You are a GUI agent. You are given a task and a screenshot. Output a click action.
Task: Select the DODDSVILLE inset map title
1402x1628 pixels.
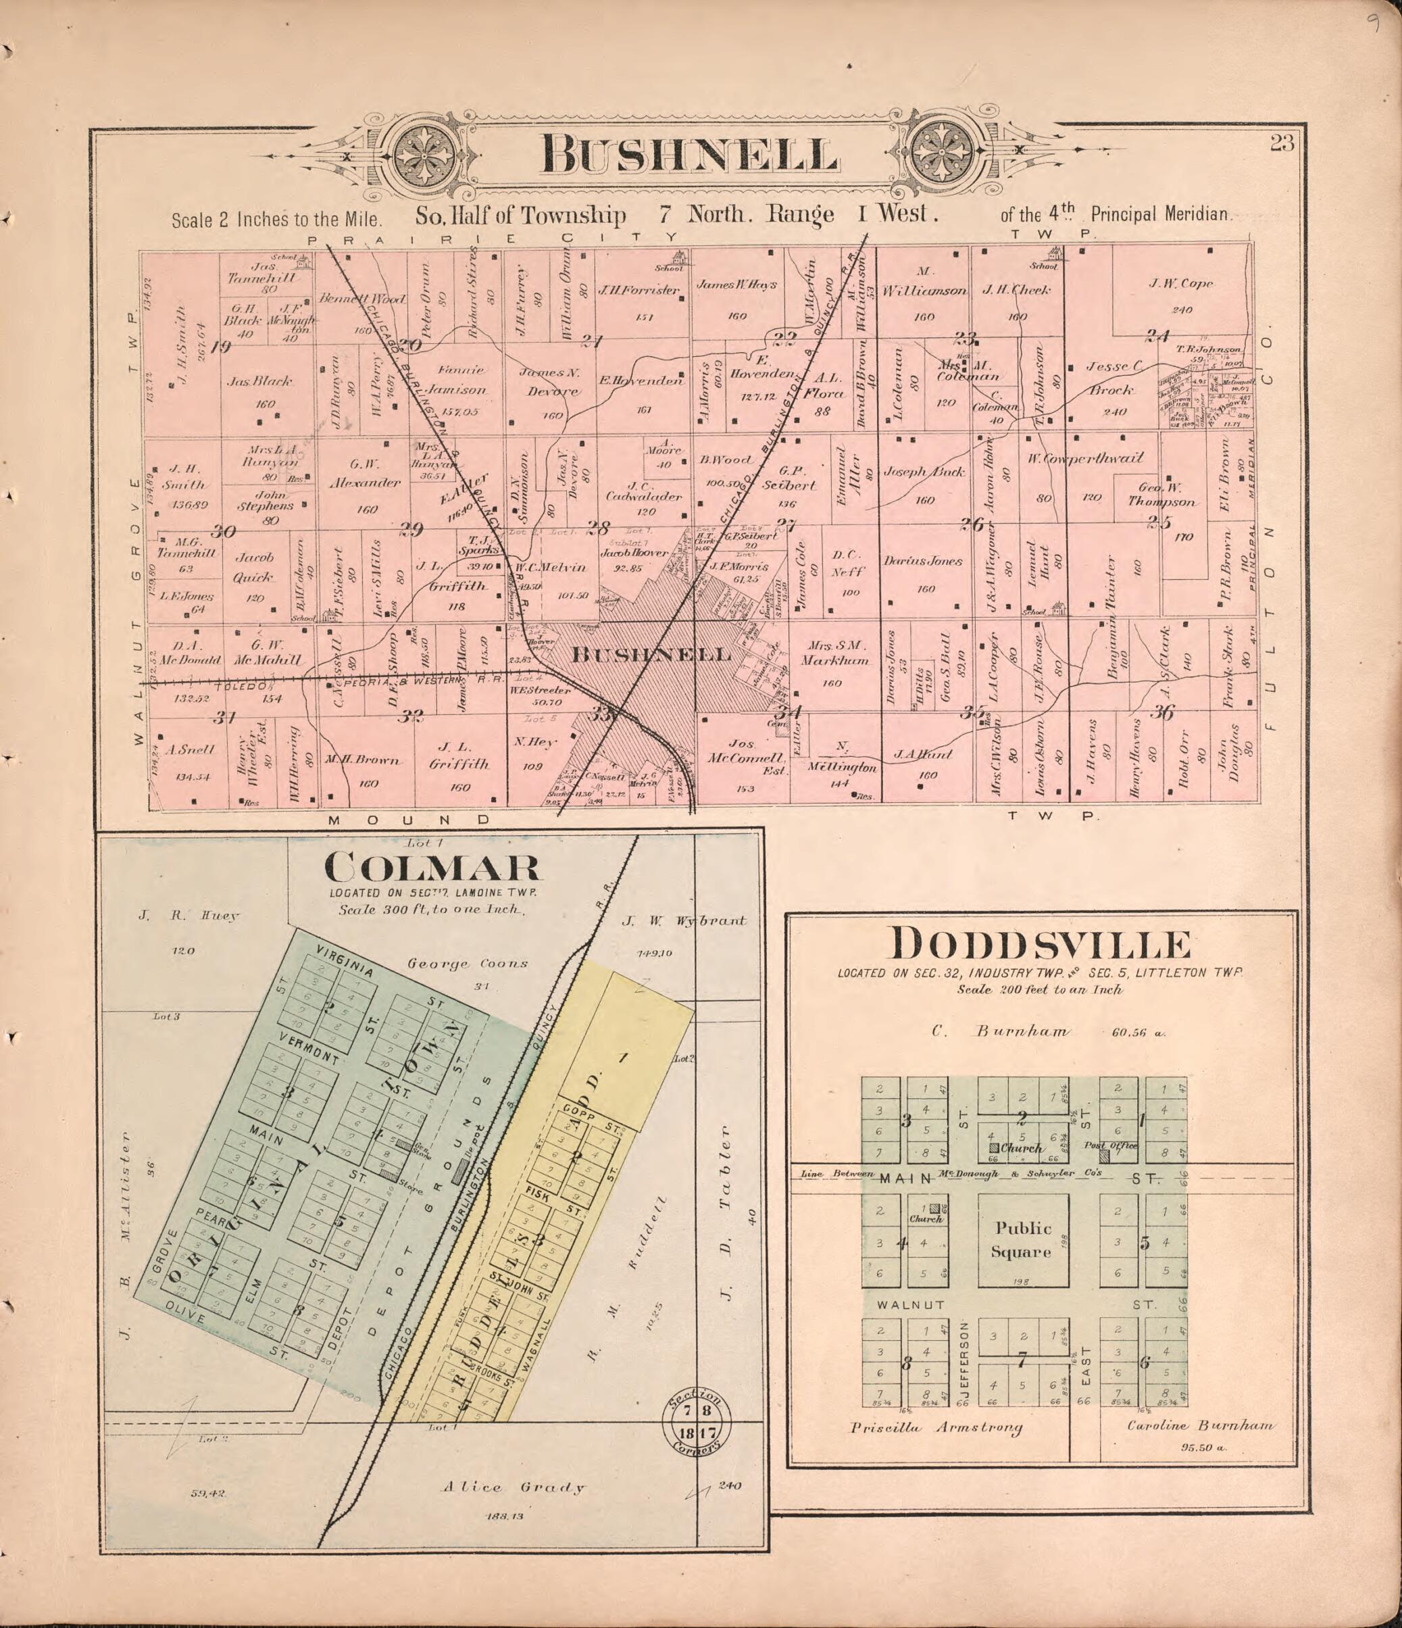pos(1040,946)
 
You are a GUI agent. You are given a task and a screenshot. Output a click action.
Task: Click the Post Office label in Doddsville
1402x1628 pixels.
pos(1111,1145)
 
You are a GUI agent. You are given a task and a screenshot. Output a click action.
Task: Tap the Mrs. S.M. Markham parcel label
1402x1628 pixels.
pos(834,653)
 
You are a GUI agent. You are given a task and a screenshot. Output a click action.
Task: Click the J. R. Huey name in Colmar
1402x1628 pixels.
pos(189,915)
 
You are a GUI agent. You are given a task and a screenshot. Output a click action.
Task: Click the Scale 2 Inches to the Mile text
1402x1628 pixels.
pos(265,220)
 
